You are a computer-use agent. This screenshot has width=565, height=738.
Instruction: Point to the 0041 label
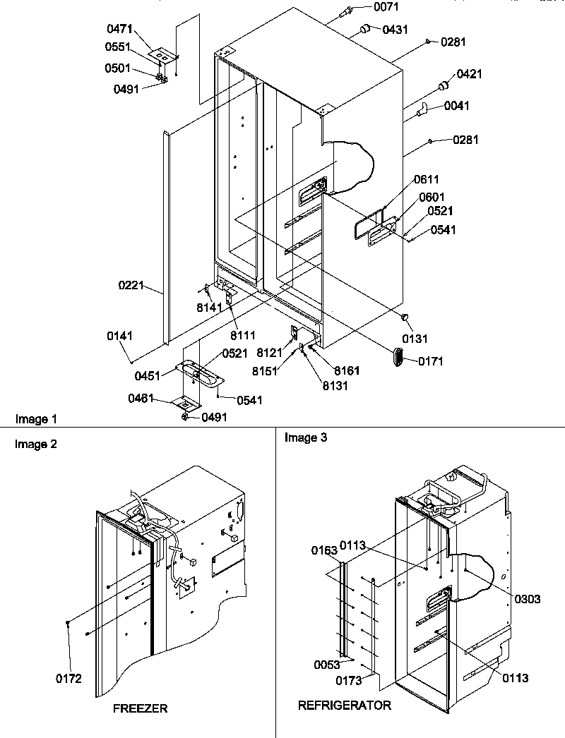click(456, 107)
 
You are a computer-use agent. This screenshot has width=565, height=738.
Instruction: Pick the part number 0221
click(131, 286)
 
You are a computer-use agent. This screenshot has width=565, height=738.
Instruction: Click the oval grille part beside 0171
click(398, 356)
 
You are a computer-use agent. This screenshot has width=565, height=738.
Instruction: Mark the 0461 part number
click(141, 399)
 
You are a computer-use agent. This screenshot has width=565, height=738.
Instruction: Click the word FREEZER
click(141, 708)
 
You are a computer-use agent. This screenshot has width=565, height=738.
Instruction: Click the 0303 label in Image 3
click(527, 599)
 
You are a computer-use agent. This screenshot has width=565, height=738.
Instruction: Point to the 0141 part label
click(120, 337)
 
